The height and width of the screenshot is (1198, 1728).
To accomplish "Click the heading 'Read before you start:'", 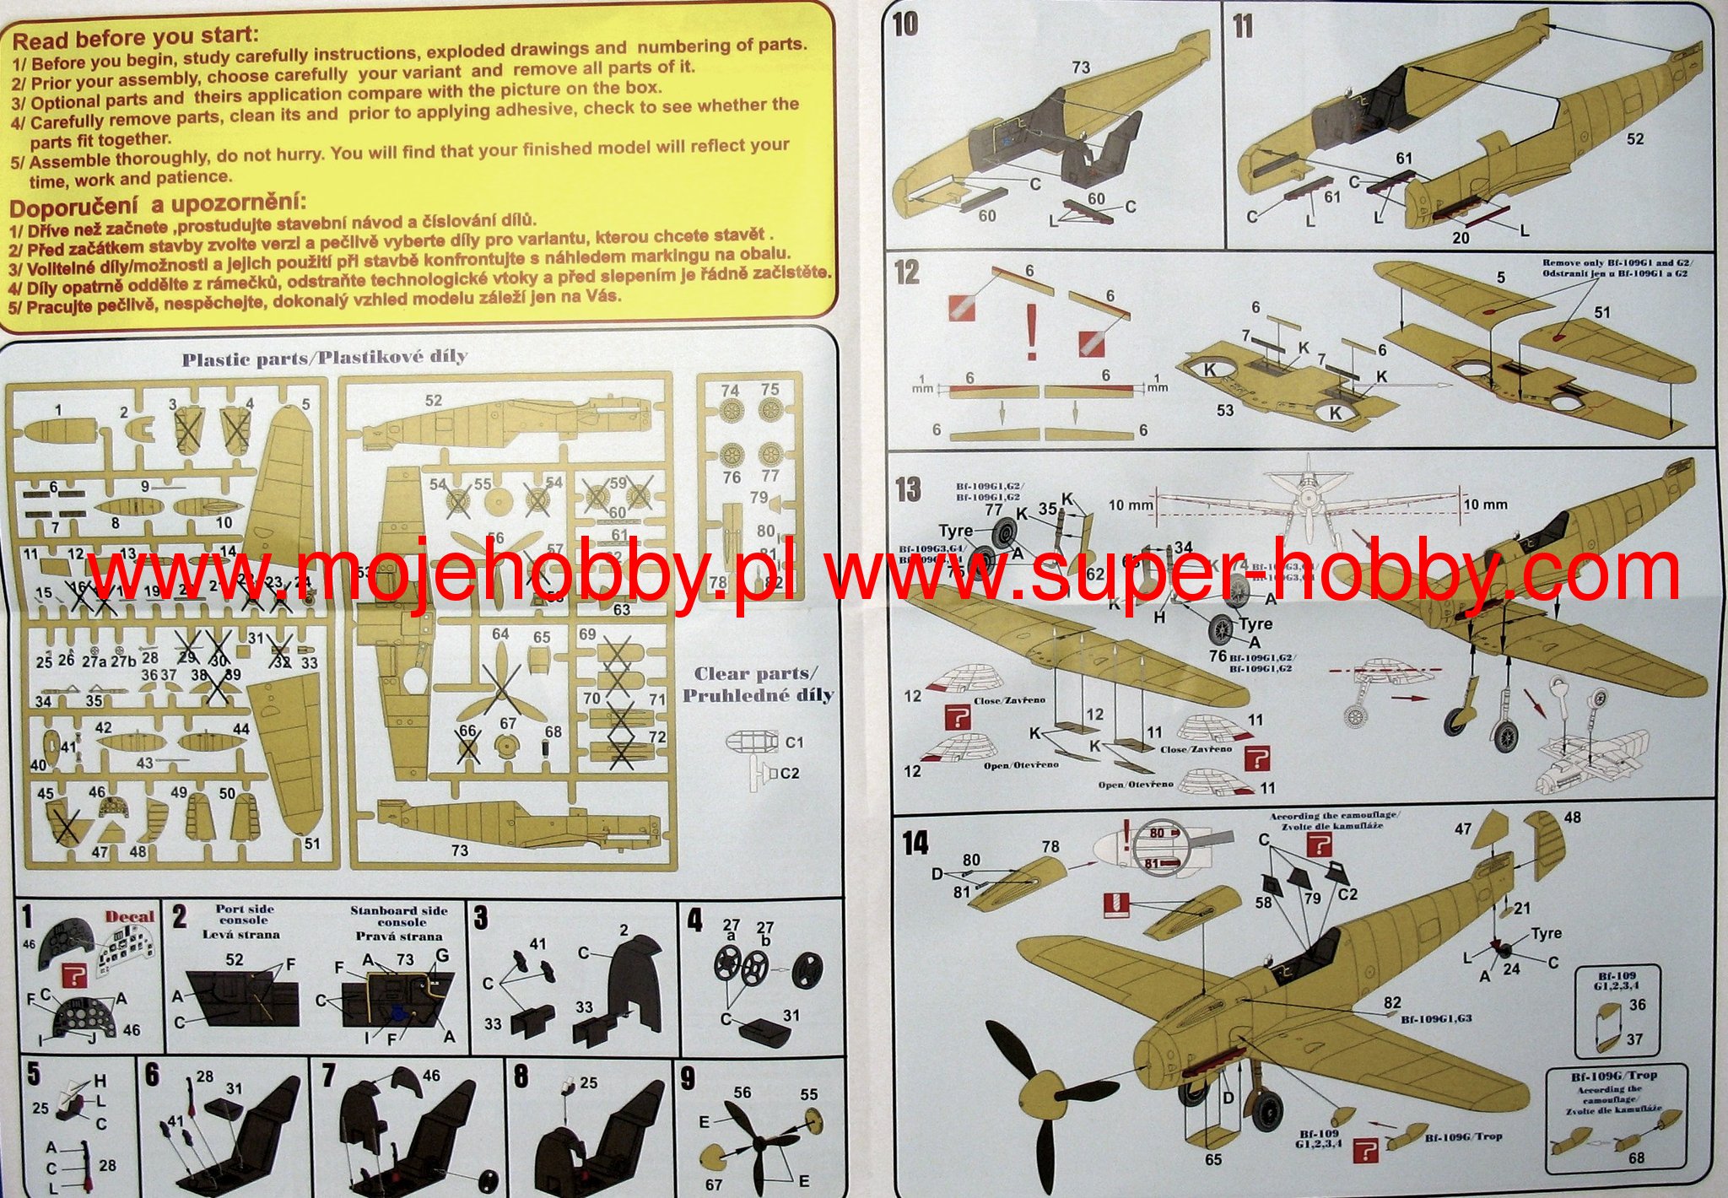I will [x=135, y=38].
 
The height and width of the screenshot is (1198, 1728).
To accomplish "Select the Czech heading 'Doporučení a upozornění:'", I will [x=159, y=205].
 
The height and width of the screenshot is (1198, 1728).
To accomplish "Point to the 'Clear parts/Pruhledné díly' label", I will [x=757, y=684].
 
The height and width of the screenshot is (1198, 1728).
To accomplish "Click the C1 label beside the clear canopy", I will [x=794, y=742].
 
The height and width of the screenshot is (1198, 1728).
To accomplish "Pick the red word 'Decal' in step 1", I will [x=130, y=917].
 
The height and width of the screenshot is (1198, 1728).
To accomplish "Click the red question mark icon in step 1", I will [x=75, y=975].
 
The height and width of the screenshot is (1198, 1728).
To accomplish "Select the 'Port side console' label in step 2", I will [x=244, y=915].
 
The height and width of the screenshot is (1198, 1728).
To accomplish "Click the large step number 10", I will [x=905, y=24].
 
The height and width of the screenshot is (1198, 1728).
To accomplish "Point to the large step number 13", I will [x=908, y=489].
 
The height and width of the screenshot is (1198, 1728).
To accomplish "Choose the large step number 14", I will [x=915, y=842].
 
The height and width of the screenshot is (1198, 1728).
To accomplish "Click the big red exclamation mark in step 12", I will [x=1030, y=332].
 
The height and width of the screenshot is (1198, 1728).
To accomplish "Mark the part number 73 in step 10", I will [x=1081, y=67].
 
